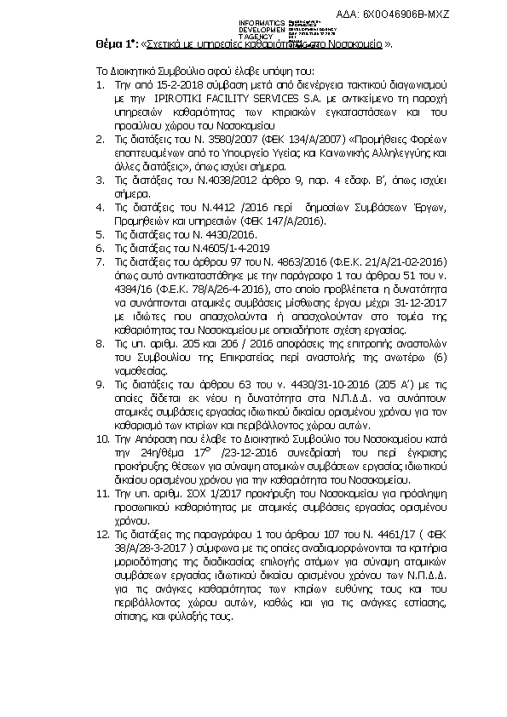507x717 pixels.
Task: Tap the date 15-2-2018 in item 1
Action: pos(163,87)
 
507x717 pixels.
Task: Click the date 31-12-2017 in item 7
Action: pos(417,289)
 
